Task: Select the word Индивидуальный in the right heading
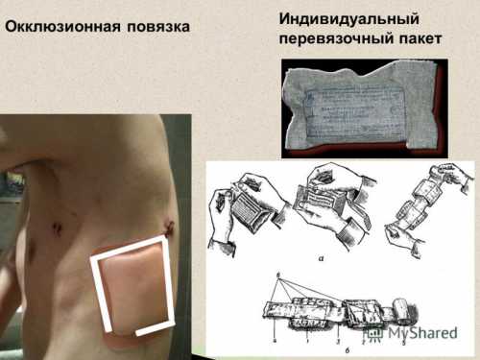click(x=337, y=18)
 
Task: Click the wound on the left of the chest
click(x=57, y=228)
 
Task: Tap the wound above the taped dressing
click(x=169, y=228)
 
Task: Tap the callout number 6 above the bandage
click(x=276, y=276)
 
